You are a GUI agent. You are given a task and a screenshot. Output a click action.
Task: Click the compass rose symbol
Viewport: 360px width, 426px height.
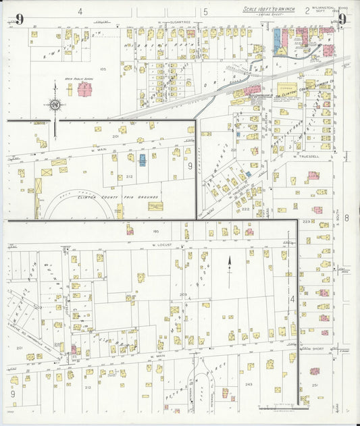click(x=55, y=104)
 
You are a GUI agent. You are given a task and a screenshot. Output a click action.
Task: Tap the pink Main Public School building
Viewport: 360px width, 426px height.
click(x=85, y=88)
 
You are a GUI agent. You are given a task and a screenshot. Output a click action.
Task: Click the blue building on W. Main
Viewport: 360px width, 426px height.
click(x=143, y=159)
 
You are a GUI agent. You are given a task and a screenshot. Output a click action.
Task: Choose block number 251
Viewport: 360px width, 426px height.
click(x=315, y=385)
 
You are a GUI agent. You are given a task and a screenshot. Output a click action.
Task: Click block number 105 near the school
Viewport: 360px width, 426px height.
click(x=103, y=69)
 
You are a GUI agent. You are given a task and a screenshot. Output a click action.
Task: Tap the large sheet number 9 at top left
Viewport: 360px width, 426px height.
click(x=20, y=19)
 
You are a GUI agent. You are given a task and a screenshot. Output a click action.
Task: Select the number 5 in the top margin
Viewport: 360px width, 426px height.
click(x=205, y=11)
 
